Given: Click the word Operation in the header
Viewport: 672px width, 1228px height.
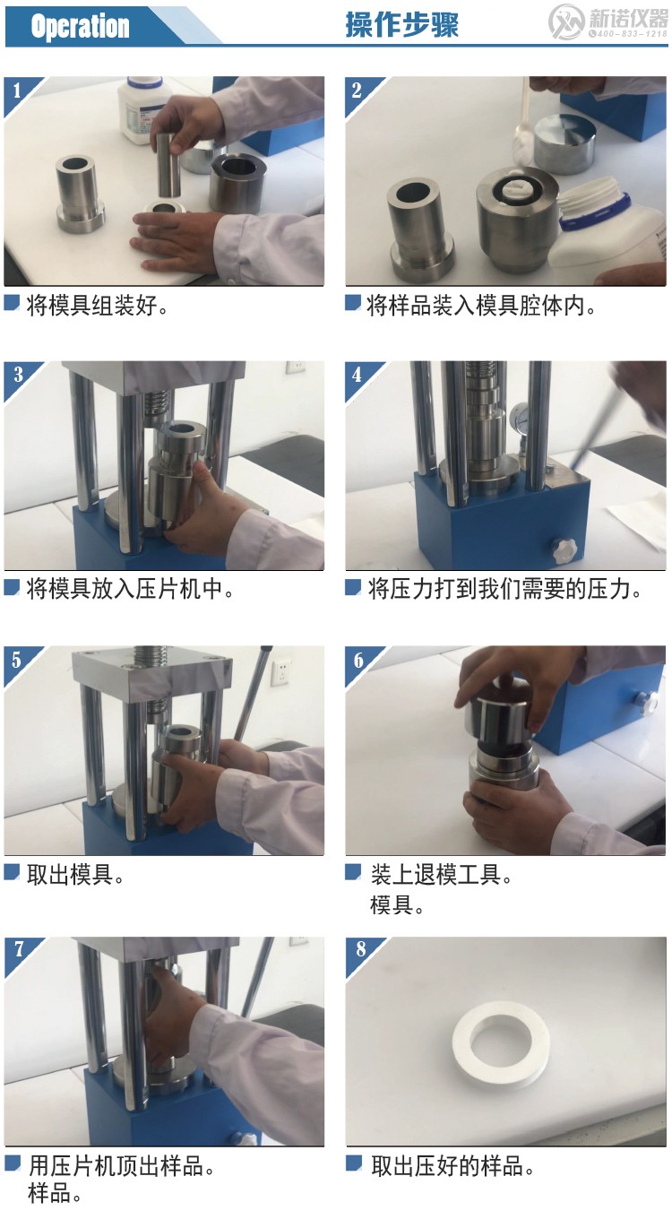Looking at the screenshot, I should [80, 27].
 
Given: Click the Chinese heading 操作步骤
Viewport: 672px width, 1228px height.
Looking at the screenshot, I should [401, 25].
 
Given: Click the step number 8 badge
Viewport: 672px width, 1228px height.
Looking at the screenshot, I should [360, 949].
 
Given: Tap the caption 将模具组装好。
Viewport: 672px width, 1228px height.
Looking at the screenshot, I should [97, 306].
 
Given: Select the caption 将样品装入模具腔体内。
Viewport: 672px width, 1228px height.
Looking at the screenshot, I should [481, 306].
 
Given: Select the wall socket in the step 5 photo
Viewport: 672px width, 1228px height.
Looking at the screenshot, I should [283, 668].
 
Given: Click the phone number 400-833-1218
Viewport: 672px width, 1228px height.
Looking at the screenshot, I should [626, 34].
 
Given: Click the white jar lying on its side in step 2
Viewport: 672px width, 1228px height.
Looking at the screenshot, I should [596, 229].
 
